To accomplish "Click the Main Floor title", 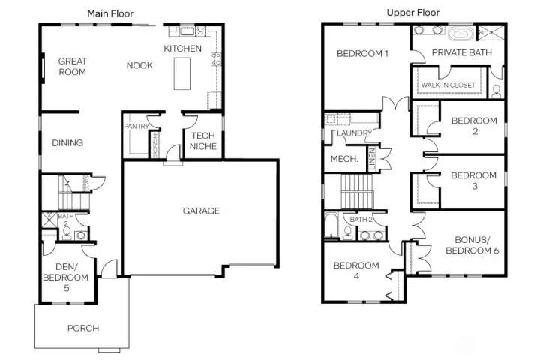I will click(111, 13).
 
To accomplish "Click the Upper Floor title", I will click(412, 13).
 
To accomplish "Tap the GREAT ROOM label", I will click(73, 67).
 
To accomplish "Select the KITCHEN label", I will click(183, 49).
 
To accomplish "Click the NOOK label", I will click(139, 66).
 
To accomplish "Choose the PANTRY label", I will click(136, 127).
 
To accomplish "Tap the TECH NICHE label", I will click(202, 141).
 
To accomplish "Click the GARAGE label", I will click(202, 211).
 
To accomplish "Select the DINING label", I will click(67, 143).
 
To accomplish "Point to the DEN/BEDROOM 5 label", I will click(72, 277).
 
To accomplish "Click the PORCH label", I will click(82, 328).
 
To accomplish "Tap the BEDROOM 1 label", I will click(362, 53).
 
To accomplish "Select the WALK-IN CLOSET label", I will click(448, 85).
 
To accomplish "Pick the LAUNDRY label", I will click(355, 133).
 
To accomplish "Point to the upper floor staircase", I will click(356, 192).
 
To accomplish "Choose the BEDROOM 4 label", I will click(356, 271).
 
